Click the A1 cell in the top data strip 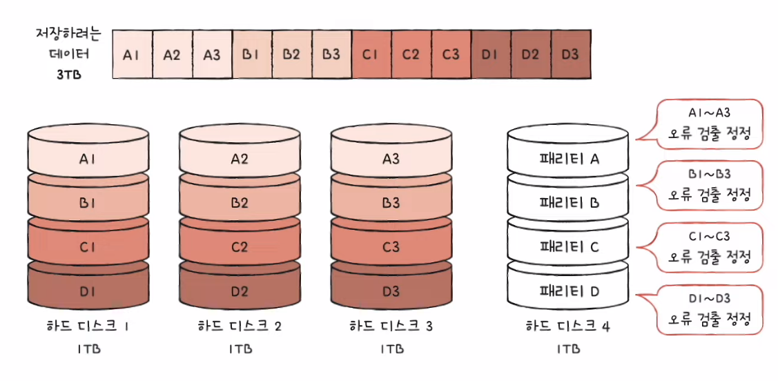131,54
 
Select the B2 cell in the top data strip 291,54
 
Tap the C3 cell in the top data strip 451,54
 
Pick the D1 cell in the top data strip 490,54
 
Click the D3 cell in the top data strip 570,54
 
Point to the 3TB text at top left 69,75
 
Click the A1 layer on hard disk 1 88,159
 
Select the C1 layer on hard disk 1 88,247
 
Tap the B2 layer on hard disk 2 240,204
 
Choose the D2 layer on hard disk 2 240,291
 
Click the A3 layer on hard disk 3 391,159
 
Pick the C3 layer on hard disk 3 391,247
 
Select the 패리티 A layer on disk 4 569,159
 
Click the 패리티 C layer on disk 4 569,247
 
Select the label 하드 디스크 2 240,326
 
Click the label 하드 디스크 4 568,326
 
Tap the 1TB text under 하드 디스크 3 391,349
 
